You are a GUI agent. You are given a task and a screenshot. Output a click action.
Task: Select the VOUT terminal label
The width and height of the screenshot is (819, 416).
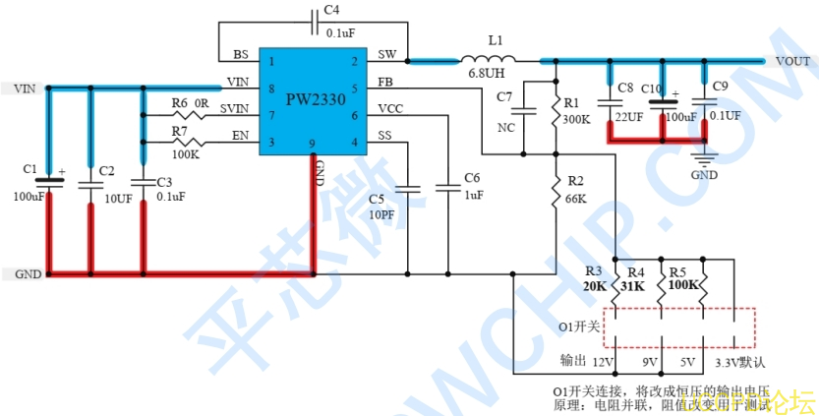tap(792, 61)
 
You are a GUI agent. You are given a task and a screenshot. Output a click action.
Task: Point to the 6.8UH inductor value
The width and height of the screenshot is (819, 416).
tap(488, 76)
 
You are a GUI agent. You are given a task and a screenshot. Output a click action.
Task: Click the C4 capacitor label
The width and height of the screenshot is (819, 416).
tap(331, 10)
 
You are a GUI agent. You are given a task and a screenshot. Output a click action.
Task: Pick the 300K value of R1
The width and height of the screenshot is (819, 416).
tap(576, 119)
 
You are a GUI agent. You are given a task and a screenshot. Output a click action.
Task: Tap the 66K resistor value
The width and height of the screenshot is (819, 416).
tap(575, 198)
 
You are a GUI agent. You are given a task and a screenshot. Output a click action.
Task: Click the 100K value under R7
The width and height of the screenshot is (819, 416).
tap(186, 154)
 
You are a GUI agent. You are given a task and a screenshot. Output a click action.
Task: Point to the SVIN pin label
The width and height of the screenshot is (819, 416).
tap(234, 108)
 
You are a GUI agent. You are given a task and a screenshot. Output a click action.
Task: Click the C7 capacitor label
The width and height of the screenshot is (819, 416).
tap(505, 96)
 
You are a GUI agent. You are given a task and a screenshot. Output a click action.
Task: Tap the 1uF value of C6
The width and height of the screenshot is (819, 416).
tap(473, 195)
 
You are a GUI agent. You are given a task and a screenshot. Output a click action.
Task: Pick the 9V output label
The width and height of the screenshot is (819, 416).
tap(650, 361)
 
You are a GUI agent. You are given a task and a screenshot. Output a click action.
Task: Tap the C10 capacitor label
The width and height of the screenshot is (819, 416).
tap(653, 89)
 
